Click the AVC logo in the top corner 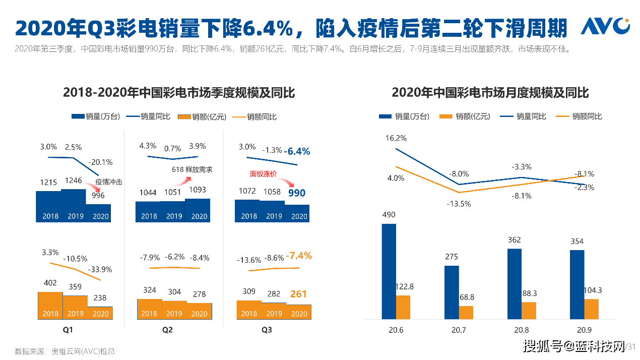point(605,26)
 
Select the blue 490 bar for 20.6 point(389,271)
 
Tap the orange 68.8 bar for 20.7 point(466,312)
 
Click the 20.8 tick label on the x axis point(521,330)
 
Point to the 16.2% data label point(396,138)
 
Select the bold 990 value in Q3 point(296,193)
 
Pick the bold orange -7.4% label point(298,256)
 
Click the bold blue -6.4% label point(296,151)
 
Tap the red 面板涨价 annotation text point(263,174)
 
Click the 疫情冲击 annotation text point(109,182)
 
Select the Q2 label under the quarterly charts point(167,330)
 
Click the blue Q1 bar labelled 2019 point(74,206)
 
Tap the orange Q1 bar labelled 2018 point(50,306)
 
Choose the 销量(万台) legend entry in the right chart point(404,116)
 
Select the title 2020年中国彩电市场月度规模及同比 point(490,93)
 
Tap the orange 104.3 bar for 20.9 point(591,309)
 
